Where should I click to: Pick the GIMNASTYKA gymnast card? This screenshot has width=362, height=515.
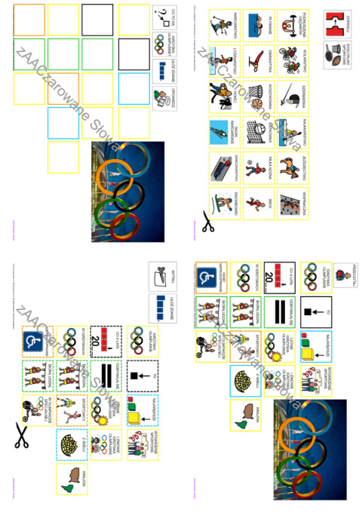pyautogui.click(x=258, y=62)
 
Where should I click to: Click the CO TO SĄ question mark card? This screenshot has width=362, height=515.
pyautogui.click(x=164, y=17)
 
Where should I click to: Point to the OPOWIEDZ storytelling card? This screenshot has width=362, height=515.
pyautogui.click(x=164, y=98)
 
